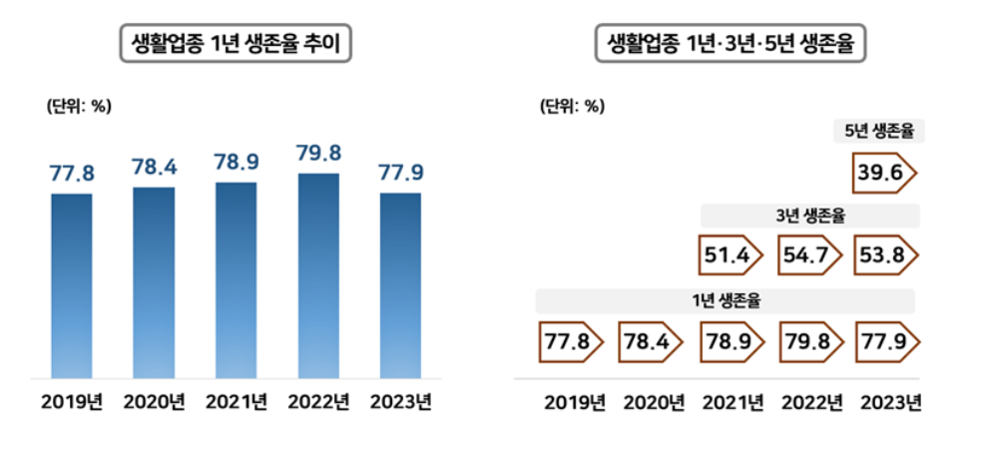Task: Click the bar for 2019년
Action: click(72, 285)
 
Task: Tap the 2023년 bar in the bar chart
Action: click(400, 285)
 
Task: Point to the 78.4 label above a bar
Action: click(154, 168)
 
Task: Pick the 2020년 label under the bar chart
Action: click(154, 403)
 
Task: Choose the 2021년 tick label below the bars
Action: click(237, 403)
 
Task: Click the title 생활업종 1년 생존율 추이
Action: click(236, 45)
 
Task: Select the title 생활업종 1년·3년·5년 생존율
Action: click(731, 45)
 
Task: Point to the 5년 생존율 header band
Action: click(879, 131)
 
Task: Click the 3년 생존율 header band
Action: click(809, 215)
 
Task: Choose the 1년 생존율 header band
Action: click(727, 300)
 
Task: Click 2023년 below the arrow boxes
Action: click(889, 403)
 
